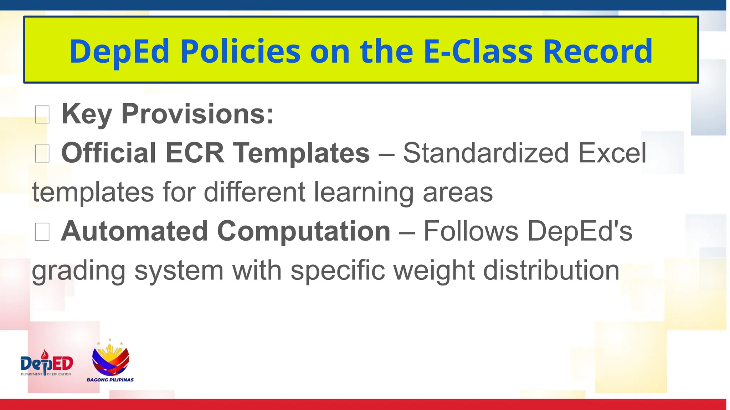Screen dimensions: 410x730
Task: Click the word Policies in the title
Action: pos(241,52)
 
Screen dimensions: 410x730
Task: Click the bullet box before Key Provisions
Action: pos(42,115)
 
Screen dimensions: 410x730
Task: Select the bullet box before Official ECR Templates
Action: pos(42,154)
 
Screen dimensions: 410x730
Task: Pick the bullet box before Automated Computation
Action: pos(42,232)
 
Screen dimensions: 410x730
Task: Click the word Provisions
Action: pos(197,114)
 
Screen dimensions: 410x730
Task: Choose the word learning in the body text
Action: pos(364,193)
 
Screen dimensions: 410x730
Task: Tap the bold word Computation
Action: pos(304,231)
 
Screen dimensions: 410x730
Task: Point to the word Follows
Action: pos(471,231)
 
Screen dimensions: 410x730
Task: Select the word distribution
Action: pos(551,270)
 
